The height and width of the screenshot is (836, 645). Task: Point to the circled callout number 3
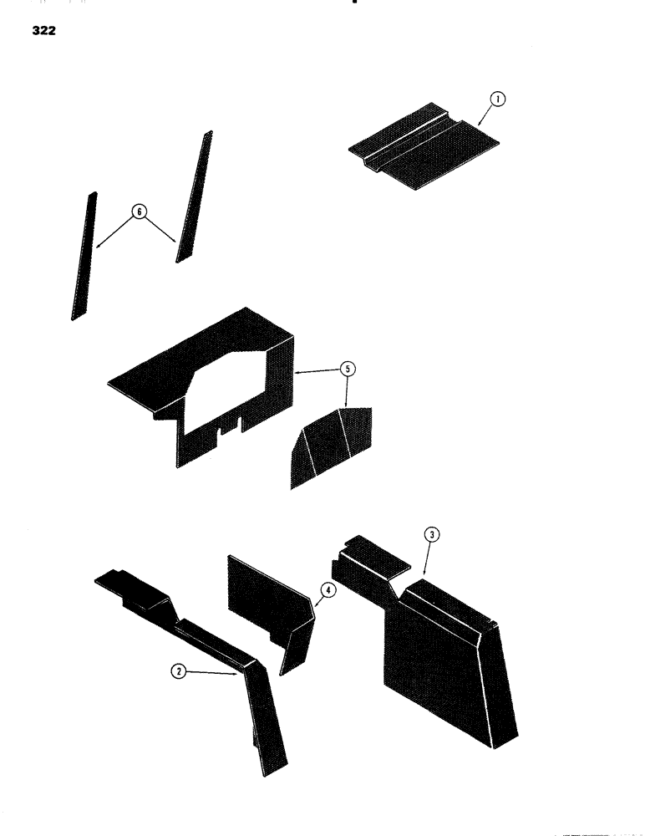point(430,535)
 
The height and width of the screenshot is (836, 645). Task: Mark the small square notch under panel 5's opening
point(223,433)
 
